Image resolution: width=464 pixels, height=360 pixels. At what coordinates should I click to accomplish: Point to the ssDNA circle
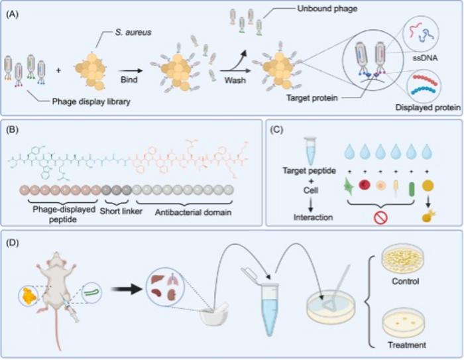point(422,34)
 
